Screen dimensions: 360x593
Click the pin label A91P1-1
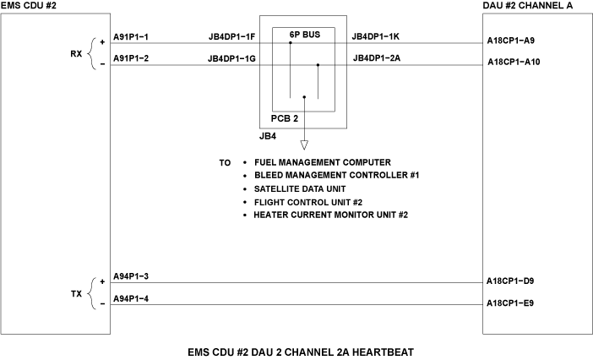point(131,37)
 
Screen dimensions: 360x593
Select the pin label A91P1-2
point(131,59)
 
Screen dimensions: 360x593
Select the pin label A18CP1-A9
point(511,40)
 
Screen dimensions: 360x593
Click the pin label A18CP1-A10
point(514,62)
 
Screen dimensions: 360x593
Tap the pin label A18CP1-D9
point(511,281)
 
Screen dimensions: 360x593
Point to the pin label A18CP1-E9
point(511,303)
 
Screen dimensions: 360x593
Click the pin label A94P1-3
point(131,276)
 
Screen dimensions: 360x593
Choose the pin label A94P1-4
point(131,298)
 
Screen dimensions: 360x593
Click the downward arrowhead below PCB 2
point(304,145)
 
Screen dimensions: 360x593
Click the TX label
point(76,293)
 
